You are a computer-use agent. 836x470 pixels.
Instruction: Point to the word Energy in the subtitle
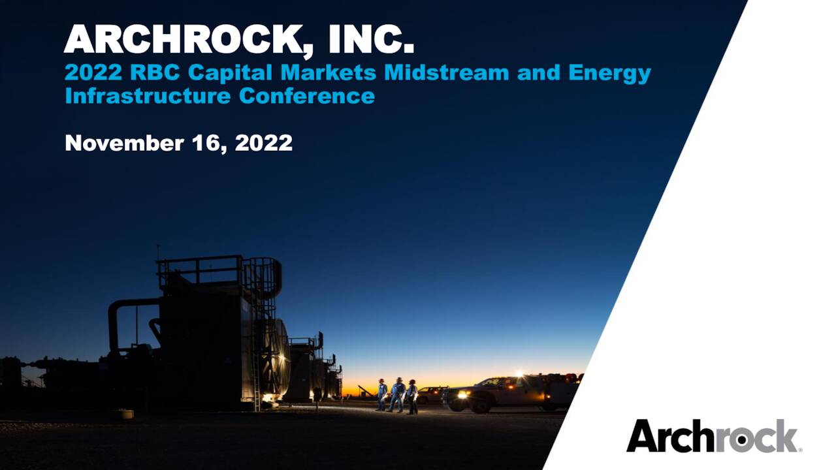609,74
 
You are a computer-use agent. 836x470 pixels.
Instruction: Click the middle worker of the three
397,395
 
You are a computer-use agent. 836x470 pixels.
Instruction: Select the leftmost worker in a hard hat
382,396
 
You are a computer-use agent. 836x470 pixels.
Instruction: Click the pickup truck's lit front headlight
462,394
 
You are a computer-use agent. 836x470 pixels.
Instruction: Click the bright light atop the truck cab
520,374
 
